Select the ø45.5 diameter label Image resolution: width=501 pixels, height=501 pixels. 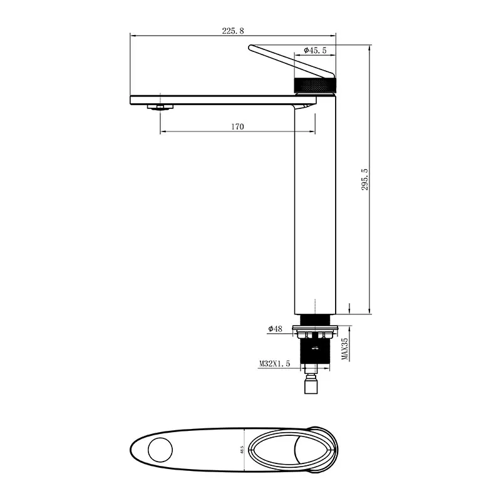click(316, 49)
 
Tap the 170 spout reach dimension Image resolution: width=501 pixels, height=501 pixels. click(237, 127)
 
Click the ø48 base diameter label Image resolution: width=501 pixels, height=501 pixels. click(276, 328)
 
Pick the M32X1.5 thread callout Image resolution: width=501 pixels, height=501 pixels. click(274, 363)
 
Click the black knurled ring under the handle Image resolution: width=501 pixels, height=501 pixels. click(316, 85)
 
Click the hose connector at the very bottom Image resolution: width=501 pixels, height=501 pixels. click(311, 386)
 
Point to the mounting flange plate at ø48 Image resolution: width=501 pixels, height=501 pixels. click(316, 328)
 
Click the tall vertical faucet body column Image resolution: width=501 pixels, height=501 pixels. click(316, 207)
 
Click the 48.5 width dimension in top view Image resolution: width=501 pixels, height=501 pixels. click(242, 450)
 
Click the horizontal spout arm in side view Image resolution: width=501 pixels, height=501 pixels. click(213, 99)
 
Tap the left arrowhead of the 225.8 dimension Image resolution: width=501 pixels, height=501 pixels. click(132, 35)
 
